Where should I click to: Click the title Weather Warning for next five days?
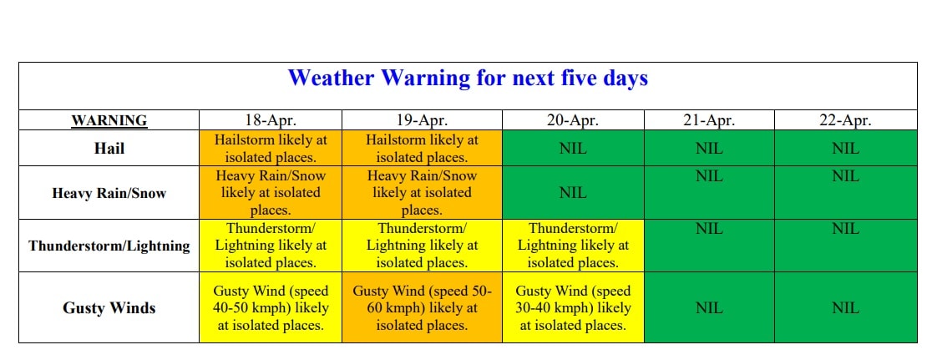(468, 79)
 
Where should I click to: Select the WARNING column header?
(109, 120)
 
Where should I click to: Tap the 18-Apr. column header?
(270, 120)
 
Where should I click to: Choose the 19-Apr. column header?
(422, 120)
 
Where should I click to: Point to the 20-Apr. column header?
(573, 120)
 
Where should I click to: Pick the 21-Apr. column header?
(709, 120)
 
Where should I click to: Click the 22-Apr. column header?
(846, 120)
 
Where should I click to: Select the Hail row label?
(109, 149)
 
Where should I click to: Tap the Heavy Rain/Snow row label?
(109, 193)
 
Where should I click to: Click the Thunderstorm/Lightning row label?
(109, 246)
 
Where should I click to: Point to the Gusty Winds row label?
(109, 308)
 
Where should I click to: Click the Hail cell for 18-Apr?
(271, 149)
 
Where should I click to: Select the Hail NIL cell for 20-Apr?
(573, 149)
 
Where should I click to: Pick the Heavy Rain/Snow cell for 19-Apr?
(422, 193)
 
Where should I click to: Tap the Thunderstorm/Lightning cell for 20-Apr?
(573, 246)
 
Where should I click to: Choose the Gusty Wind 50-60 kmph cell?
(422, 308)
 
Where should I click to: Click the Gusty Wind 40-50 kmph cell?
(271, 308)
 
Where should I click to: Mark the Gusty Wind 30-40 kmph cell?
(573, 308)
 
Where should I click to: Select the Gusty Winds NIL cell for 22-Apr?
(846, 308)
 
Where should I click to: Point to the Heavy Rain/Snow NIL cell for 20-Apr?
(573, 193)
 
